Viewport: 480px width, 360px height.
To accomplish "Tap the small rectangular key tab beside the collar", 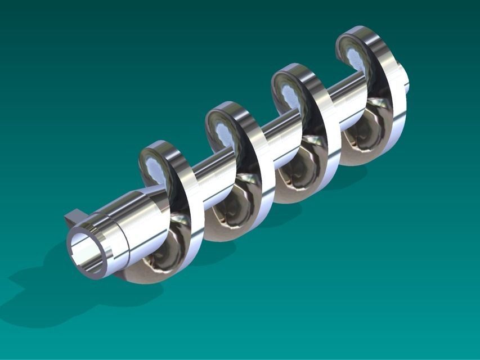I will click(x=73, y=217).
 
